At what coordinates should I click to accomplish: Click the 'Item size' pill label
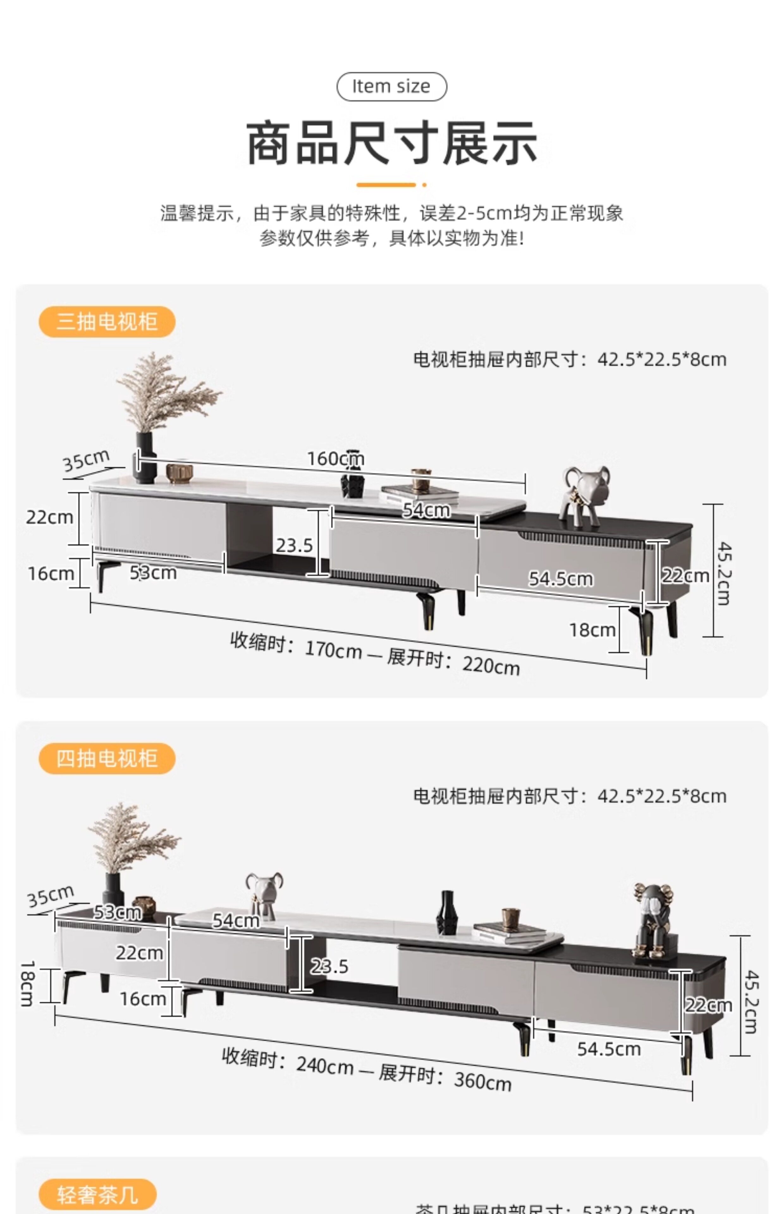click(x=391, y=87)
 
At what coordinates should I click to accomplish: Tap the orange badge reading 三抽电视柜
click(x=107, y=322)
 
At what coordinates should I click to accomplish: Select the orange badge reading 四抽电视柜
click(x=107, y=758)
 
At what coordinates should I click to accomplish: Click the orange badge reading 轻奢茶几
click(x=97, y=1194)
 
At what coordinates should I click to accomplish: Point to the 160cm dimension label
click(x=335, y=459)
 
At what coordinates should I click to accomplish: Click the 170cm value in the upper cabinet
click(x=334, y=650)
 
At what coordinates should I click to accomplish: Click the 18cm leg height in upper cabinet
click(x=592, y=630)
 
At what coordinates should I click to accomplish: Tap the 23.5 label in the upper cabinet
click(x=294, y=545)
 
